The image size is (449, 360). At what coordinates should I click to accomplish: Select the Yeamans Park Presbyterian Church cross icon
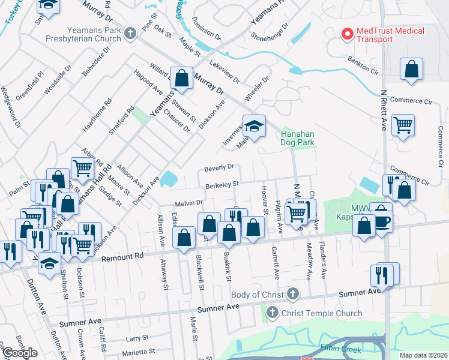pyautogui.click(x=131, y=34)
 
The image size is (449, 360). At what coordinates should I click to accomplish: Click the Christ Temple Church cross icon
pyautogui.click(x=272, y=313)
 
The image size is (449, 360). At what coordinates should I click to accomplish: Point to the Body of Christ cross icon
pyautogui.click(x=292, y=294)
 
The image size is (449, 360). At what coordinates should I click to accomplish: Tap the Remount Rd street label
pyautogui.click(x=124, y=257)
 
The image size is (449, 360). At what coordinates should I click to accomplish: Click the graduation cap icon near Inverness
pyautogui.click(x=254, y=126)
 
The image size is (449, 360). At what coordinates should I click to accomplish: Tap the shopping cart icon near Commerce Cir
pyautogui.click(x=403, y=125)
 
